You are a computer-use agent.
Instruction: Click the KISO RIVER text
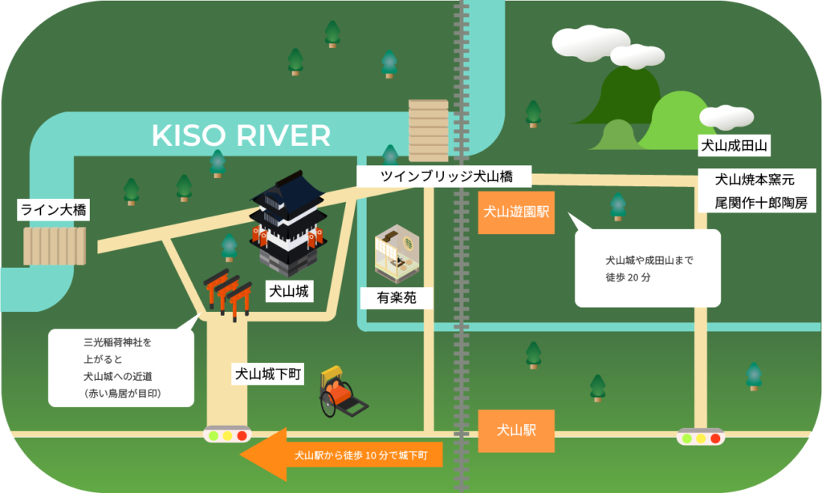(x=241, y=135)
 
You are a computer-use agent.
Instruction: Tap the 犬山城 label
(x=288, y=292)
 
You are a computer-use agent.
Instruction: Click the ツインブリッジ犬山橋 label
(x=446, y=176)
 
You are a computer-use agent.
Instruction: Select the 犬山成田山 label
(x=735, y=146)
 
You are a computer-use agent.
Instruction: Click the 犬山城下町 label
(x=267, y=374)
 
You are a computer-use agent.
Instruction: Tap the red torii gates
(x=226, y=294)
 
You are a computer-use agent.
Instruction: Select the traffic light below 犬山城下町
(x=227, y=436)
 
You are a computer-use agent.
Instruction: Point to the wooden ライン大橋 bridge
(x=55, y=246)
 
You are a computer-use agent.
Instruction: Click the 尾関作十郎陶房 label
(x=761, y=203)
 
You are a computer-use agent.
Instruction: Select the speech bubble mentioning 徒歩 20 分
(x=647, y=268)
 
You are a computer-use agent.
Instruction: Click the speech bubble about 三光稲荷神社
(x=120, y=367)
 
